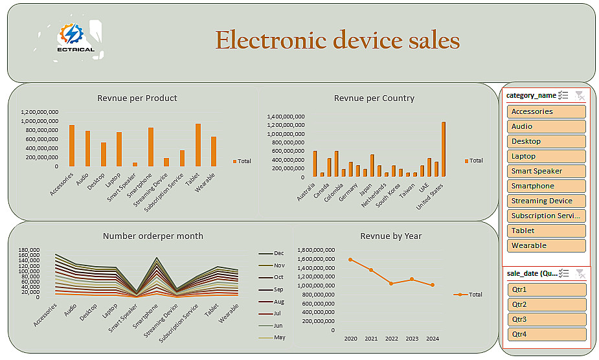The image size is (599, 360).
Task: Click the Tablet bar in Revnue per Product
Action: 198,145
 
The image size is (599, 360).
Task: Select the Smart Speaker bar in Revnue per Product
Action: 135,164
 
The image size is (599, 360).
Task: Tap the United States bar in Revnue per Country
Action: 444,149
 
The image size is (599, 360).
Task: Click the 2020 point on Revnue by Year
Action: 350,259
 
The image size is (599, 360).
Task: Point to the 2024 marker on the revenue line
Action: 433,285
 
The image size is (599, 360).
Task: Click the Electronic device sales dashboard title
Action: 337,40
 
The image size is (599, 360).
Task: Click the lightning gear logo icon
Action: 71,34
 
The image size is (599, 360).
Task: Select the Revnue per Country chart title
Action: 374,98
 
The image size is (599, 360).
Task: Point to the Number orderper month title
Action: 153,236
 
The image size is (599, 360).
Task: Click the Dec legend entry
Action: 279,253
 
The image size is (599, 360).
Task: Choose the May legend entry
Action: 279,337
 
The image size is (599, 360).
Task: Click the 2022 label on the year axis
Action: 391,338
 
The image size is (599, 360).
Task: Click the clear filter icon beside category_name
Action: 580,95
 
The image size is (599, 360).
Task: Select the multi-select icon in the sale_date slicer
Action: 564,274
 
